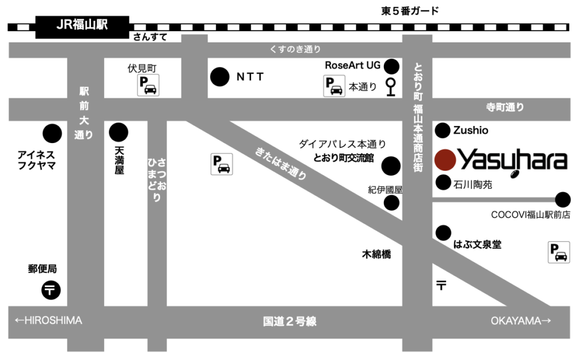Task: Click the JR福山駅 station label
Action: point(83,25)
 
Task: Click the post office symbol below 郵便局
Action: point(51,290)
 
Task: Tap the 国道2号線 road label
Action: point(289,322)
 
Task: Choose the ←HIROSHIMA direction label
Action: point(49,320)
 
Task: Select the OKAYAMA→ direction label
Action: point(520,321)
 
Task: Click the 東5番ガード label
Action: point(410,11)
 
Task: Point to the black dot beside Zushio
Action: point(442,131)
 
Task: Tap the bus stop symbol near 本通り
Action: point(391,87)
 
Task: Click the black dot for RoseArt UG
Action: point(391,67)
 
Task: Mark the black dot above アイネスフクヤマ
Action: point(53,133)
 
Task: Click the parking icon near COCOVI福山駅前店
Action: point(559,252)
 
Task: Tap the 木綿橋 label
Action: point(377,254)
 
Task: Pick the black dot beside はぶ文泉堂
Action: point(443,232)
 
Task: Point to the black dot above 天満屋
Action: point(118,132)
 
